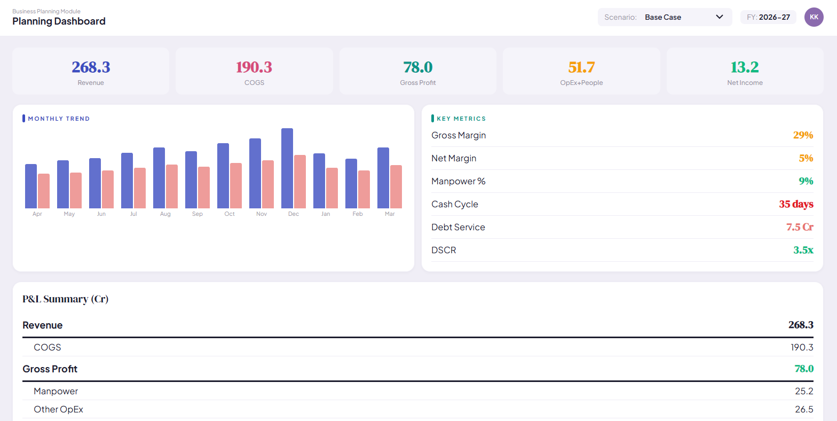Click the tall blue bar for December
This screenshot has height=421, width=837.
(x=287, y=168)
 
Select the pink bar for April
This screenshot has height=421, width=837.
(x=44, y=191)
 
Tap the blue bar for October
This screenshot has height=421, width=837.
(x=223, y=176)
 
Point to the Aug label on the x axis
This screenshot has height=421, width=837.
(x=165, y=214)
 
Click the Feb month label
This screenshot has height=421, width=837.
(x=358, y=214)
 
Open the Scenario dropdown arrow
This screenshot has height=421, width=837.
(x=720, y=17)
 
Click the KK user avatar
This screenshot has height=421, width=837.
(x=814, y=17)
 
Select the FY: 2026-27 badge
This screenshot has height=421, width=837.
(x=768, y=17)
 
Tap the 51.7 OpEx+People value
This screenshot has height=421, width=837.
(x=581, y=67)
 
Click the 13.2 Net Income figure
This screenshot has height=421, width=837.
(x=745, y=67)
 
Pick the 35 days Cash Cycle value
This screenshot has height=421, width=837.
(x=796, y=204)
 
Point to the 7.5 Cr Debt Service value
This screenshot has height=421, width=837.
(x=800, y=227)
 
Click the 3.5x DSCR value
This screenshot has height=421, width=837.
(x=803, y=250)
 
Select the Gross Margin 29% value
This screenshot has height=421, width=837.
(x=803, y=135)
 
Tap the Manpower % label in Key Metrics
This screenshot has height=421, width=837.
(x=459, y=181)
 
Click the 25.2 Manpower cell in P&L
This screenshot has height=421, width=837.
(x=804, y=391)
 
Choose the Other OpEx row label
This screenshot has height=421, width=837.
(x=58, y=409)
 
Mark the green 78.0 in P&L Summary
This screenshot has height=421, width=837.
(x=804, y=369)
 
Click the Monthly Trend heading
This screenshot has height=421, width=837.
(x=59, y=119)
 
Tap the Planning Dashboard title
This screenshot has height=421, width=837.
(x=59, y=21)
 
